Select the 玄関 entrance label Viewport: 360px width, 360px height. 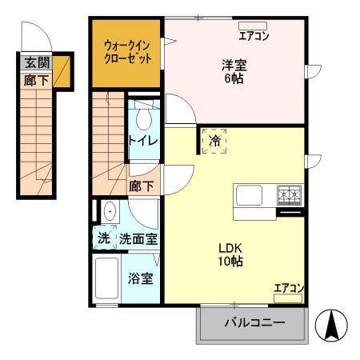click(x=37, y=63)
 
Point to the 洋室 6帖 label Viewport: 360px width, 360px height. click(x=234, y=74)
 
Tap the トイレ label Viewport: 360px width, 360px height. click(x=144, y=141)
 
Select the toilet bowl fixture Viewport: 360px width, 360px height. click(x=143, y=118)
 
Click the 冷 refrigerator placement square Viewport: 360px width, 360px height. click(x=214, y=141)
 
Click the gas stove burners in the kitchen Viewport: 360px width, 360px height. click(x=288, y=194)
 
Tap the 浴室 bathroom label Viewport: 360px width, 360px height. click(x=142, y=279)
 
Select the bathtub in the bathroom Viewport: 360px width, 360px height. click(x=107, y=279)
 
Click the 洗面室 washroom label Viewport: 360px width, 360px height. click(x=138, y=238)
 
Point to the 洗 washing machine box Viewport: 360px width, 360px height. click(x=104, y=238)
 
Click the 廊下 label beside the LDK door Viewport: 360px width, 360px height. click(x=142, y=186)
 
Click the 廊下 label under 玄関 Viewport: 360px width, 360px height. click(x=37, y=79)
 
